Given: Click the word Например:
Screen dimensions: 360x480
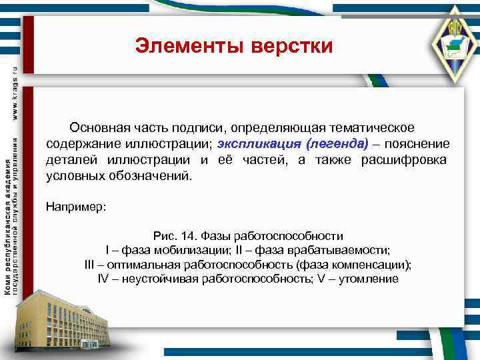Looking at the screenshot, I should [x=76, y=206].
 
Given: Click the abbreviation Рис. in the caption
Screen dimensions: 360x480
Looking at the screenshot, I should [x=165, y=235].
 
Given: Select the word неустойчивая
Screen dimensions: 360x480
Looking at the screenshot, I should [x=159, y=279].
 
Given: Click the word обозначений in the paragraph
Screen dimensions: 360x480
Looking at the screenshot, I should [x=153, y=177].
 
